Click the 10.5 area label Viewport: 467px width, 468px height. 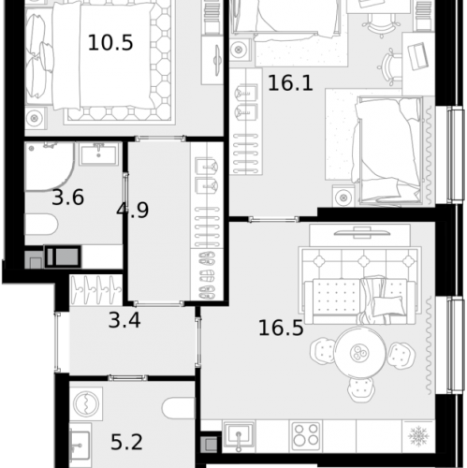109,42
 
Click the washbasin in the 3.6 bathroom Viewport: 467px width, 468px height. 97,154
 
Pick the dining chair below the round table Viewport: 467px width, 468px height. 359,388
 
